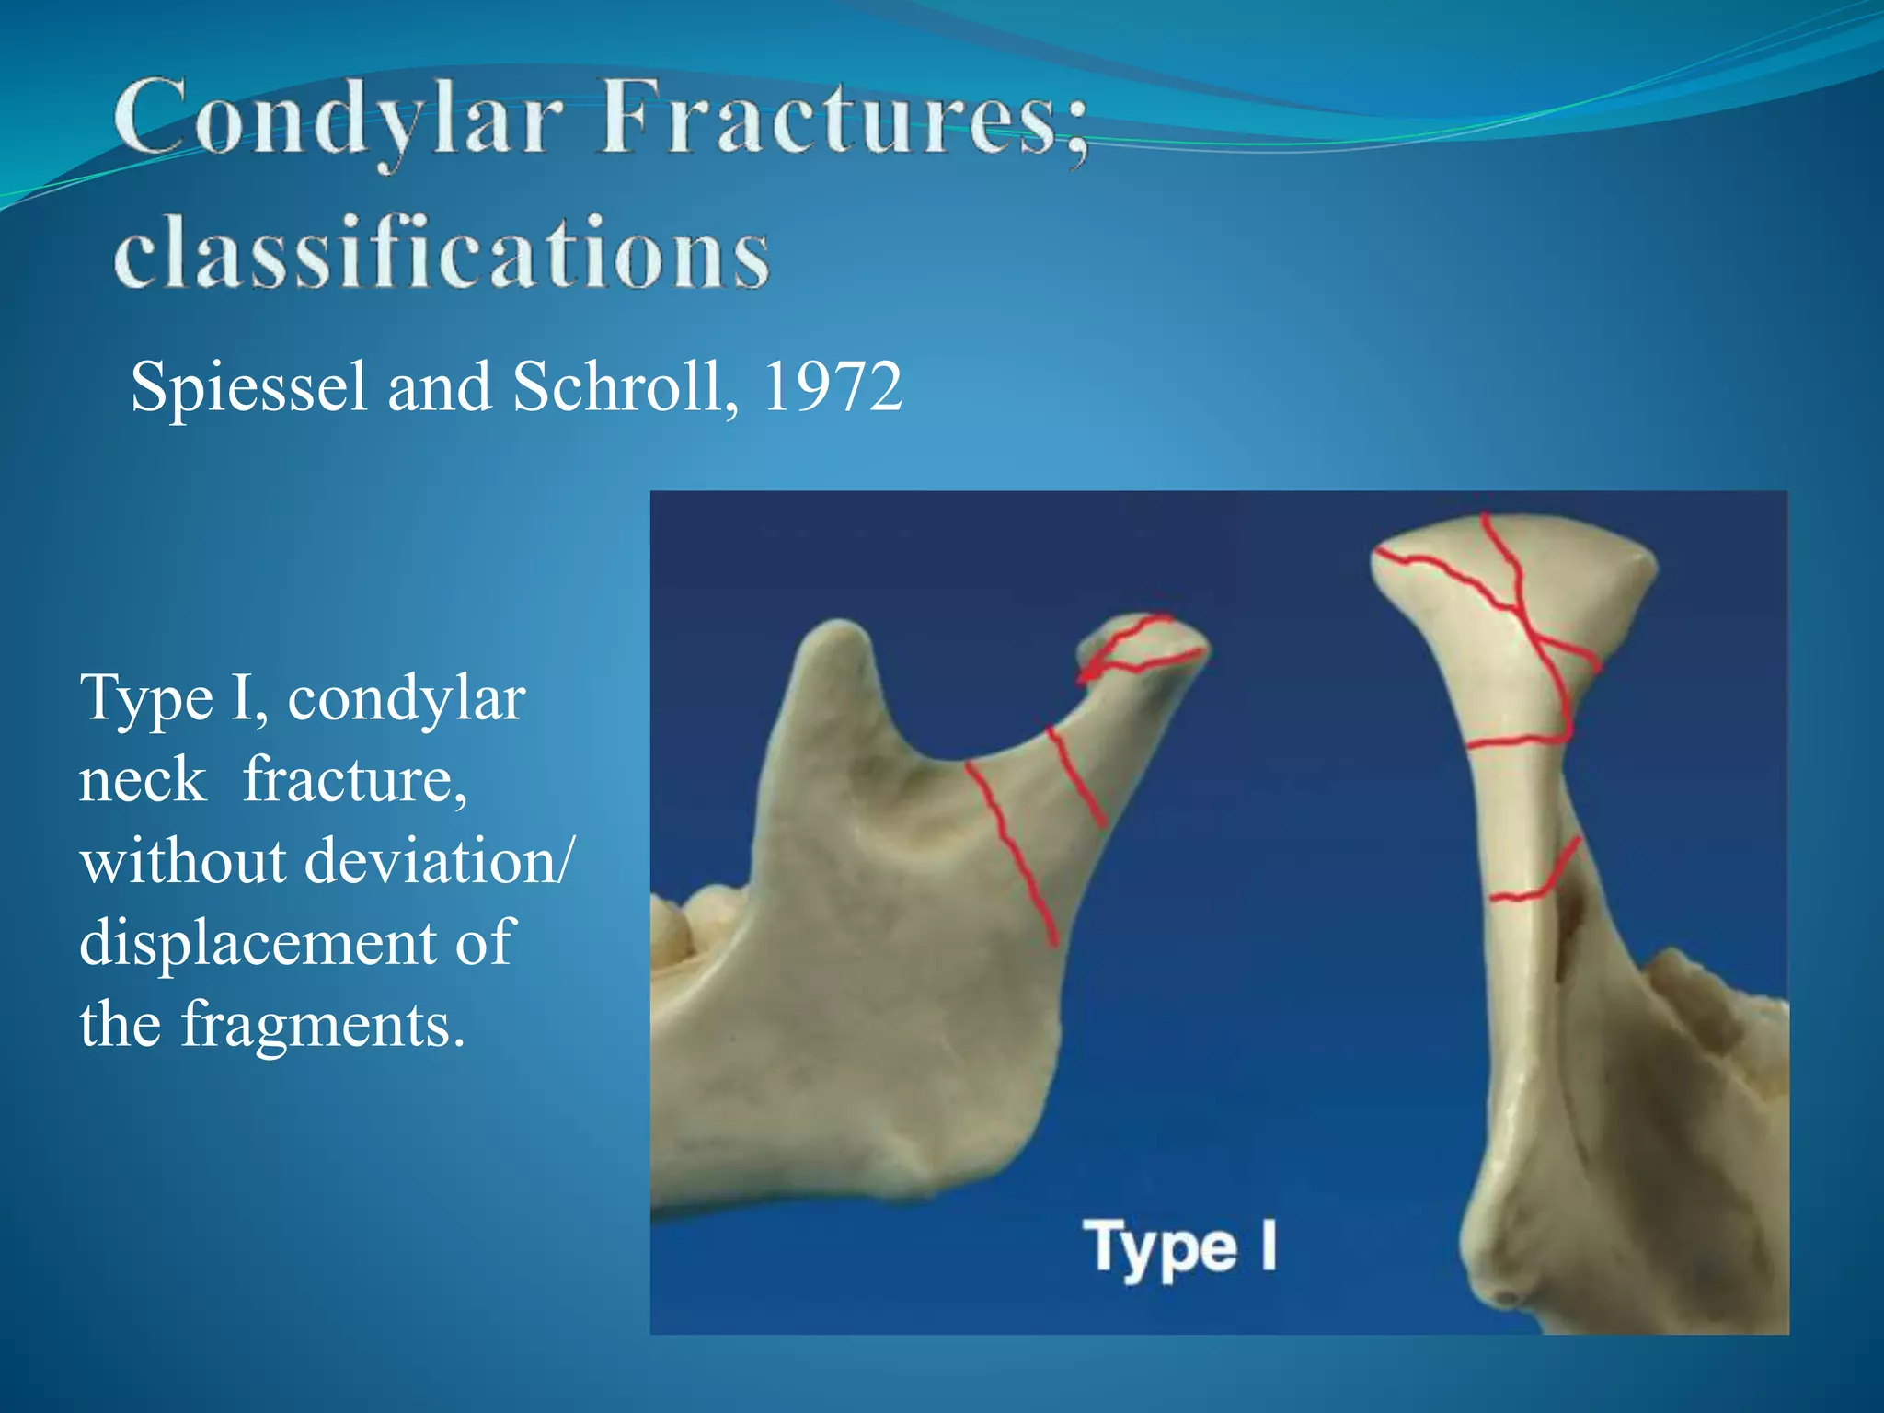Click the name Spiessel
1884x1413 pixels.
pos(248,387)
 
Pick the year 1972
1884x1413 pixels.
pos(832,386)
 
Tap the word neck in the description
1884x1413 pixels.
pos(142,781)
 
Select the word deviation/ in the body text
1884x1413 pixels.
pos(438,862)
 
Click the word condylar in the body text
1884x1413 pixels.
pos(406,699)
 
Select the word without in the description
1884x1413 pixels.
pos(183,862)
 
